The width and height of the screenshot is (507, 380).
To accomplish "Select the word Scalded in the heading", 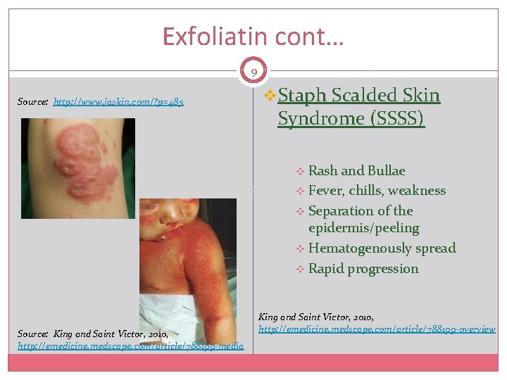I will click(360, 96).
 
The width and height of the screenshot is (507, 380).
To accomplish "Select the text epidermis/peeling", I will click(363, 228).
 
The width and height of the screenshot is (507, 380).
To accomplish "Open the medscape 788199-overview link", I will click(377, 329).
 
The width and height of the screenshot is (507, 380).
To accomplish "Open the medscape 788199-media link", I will click(130, 346).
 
